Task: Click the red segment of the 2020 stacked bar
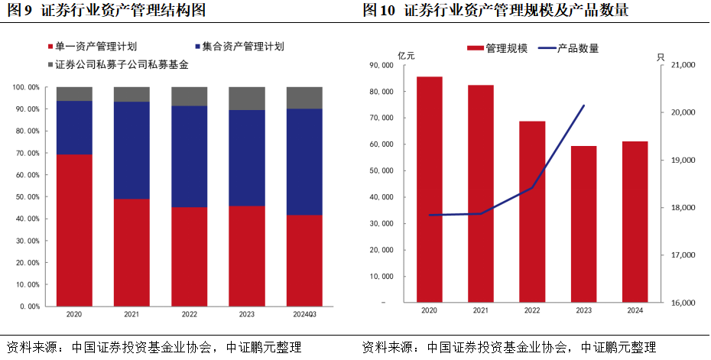pyautogui.click(x=74, y=229)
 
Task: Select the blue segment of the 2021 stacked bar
pyautogui.click(x=131, y=150)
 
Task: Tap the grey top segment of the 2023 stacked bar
pyautogui.click(x=247, y=98)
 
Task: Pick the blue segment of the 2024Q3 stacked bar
pyautogui.click(x=304, y=161)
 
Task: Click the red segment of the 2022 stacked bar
pyautogui.click(x=189, y=256)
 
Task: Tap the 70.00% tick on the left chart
pyautogui.click(x=28, y=153)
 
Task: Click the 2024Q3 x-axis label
pyautogui.click(x=304, y=314)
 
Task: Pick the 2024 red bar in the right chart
pyautogui.click(x=635, y=222)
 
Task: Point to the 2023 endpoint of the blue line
pyautogui.click(x=584, y=105)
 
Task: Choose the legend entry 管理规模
pyautogui.click(x=502, y=48)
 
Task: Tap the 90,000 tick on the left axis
pyautogui.click(x=380, y=66)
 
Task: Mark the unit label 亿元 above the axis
pyautogui.click(x=406, y=56)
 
